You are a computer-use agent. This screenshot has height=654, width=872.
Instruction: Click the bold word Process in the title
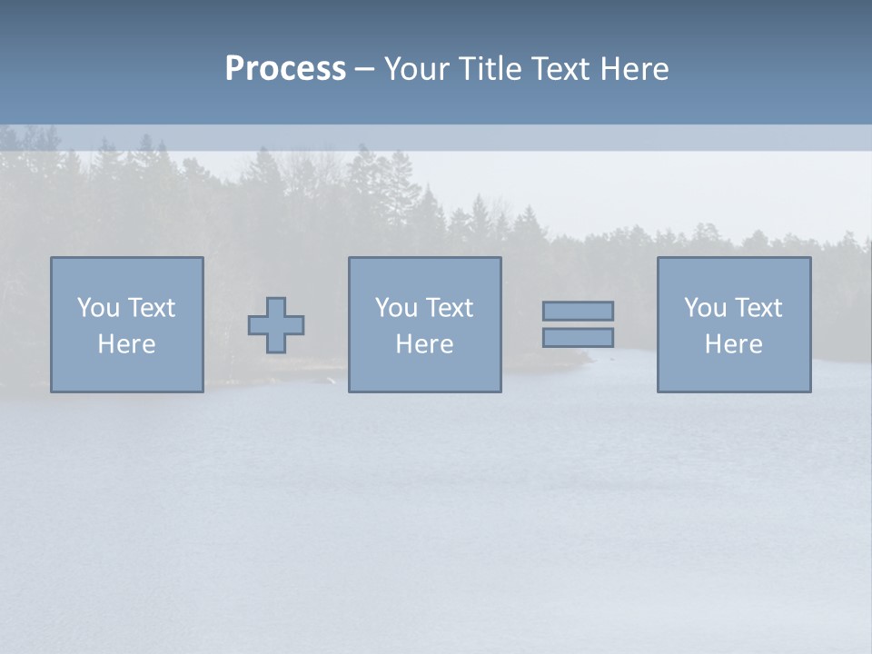tap(285, 69)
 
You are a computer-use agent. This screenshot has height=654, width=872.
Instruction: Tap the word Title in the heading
tap(489, 69)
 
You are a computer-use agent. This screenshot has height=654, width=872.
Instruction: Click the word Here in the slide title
tap(633, 69)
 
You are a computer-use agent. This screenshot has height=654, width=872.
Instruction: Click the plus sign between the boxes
tap(276, 325)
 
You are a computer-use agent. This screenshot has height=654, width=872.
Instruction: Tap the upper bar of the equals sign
tap(578, 311)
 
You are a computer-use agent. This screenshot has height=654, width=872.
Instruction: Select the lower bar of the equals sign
tap(578, 337)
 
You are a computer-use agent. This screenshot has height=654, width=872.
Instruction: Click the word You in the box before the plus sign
tap(98, 308)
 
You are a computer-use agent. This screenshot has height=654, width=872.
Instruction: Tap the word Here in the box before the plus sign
tap(126, 344)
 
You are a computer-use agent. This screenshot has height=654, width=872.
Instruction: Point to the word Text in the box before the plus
tap(150, 308)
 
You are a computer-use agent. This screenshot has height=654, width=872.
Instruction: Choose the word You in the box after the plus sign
tap(396, 308)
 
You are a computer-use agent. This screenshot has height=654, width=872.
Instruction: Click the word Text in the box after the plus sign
tap(448, 308)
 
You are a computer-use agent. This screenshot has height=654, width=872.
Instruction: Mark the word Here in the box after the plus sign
tap(424, 344)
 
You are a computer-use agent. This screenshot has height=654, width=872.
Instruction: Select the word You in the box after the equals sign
tap(705, 308)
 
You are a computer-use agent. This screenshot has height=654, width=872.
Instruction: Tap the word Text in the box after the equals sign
tap(757, 308)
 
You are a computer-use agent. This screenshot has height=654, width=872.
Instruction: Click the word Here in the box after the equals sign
tap(733, 344)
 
